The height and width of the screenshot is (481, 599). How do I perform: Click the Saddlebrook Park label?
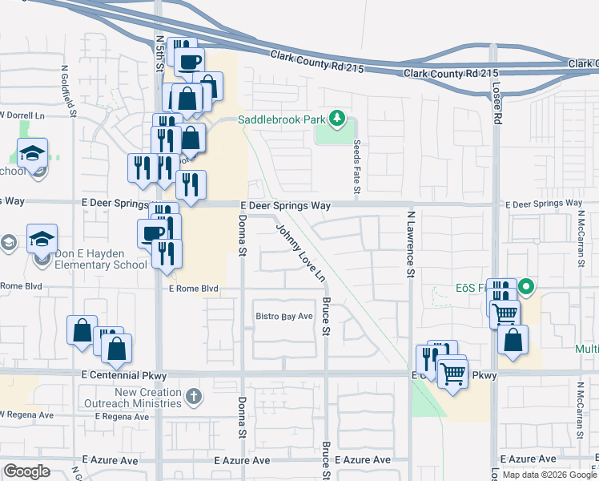click(283, 119)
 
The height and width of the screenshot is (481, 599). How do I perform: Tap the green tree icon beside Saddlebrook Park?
click(337, 119)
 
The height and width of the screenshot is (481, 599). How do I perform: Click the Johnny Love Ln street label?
click(301, 253)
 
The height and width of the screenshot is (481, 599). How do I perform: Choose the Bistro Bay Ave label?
click(283, 317)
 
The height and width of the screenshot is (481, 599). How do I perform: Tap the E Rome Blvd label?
click(193, 289)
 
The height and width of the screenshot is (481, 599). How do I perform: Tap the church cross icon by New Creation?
click(193, 396)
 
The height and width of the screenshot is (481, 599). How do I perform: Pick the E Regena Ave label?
click(122, 417)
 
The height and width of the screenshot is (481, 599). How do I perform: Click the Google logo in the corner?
click(26, 471)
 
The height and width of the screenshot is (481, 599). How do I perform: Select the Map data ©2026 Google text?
click(549, 475)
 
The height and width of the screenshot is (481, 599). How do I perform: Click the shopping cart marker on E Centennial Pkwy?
click(452, 373)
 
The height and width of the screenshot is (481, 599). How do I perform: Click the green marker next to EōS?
click(526, 285)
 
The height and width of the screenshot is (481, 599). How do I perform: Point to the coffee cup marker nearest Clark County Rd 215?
click(189, 62)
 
